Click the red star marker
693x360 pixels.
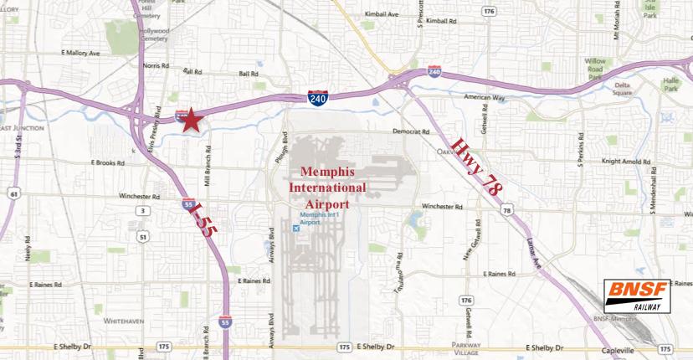[190, 120]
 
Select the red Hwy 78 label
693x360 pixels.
[479, 167]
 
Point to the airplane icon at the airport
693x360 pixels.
[293, 227]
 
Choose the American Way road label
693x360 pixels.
[486, 98]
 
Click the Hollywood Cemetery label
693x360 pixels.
[154, 34]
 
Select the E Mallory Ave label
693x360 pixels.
[80, 52]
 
